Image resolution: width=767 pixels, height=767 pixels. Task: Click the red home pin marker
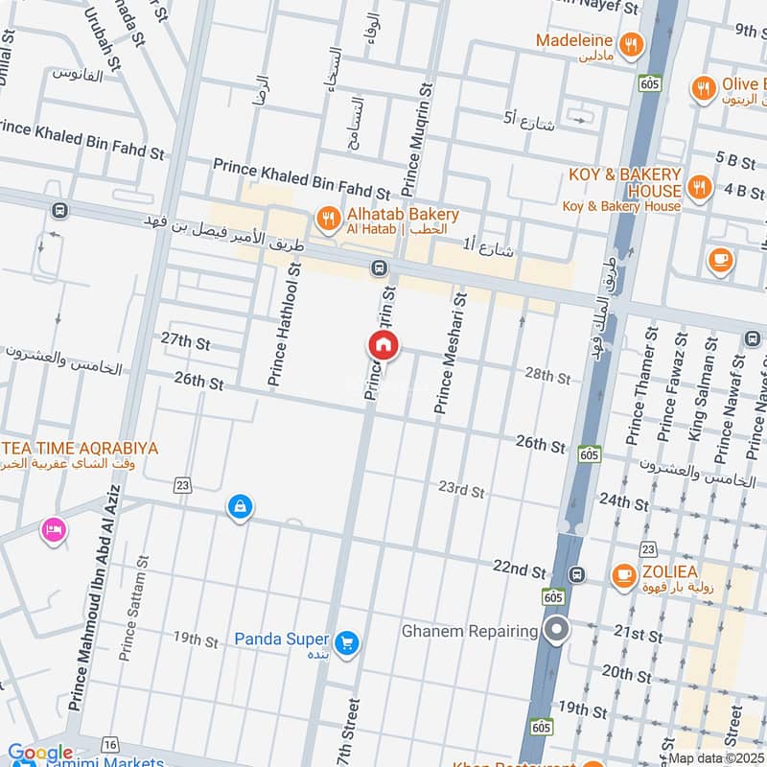383,345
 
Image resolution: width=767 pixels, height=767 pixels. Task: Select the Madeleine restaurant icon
630,42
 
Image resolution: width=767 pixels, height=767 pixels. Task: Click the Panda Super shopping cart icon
346,640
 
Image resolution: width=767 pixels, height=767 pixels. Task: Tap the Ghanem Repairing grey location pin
556,630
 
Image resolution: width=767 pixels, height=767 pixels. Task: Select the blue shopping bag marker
240,507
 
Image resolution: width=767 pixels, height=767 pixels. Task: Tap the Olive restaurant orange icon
703,89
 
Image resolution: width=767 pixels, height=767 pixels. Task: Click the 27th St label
185,341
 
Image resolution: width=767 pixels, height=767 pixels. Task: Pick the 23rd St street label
461,490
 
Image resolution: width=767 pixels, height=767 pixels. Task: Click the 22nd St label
519,568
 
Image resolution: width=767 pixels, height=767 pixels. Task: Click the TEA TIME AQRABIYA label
81,448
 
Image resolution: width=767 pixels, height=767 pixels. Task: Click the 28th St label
547,374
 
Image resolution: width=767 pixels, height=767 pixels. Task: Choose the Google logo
40,755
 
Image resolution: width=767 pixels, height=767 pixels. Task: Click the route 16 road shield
112,745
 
